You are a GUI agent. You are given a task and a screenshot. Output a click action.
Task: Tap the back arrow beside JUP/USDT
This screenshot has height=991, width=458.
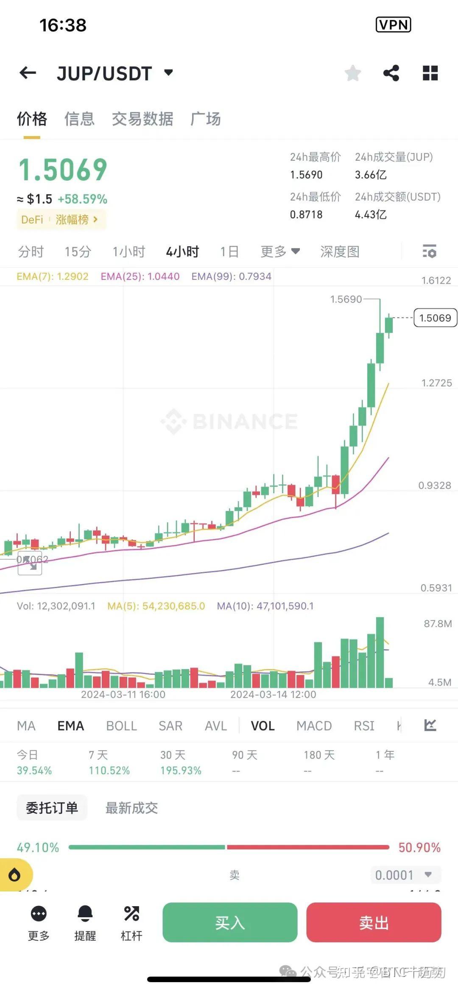[x=28, y=73]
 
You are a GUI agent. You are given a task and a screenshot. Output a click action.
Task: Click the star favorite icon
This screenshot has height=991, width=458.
[x=352, y=73]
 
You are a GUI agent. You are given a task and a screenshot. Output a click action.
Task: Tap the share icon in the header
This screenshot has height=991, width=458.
[x=391, y=73]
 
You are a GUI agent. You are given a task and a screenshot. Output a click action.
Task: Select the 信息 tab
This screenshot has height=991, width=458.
[x=79, y=119]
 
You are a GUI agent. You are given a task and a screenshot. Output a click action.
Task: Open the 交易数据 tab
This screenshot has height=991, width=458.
[x=142, y=119]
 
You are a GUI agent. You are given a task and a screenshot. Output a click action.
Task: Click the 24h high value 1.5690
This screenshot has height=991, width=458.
[x=306, y=175]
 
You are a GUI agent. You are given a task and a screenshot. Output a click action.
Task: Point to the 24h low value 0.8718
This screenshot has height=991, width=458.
[x=306, y=215]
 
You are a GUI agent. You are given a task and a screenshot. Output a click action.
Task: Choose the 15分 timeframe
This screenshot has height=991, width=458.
[x=78, y=252]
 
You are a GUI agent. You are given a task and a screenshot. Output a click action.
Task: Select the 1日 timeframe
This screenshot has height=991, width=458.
[x=229, y=252]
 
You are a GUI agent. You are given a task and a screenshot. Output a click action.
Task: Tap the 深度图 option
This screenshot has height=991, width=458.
[x=340, y=252]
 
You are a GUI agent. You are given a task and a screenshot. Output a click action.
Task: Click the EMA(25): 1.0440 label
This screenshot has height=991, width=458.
[x=140, y=276]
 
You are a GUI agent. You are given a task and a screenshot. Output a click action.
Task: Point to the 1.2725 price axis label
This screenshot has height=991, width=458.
[x=436, y=383]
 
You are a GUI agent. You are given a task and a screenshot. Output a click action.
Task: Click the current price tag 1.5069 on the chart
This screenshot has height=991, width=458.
[x=435, y=318]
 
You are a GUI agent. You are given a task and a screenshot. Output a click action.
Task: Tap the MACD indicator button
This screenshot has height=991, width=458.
[x=314, y=726]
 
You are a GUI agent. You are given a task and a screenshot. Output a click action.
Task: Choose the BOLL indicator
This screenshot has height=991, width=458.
[x=121, y=726]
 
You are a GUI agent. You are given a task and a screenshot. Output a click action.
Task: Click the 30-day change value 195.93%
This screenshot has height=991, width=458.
[x=181, y=770]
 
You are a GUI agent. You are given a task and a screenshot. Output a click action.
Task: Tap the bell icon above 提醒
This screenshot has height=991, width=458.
[x=85, y=913]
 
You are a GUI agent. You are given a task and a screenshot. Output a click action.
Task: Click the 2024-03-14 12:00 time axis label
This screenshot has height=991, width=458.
[x=273, y=695]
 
